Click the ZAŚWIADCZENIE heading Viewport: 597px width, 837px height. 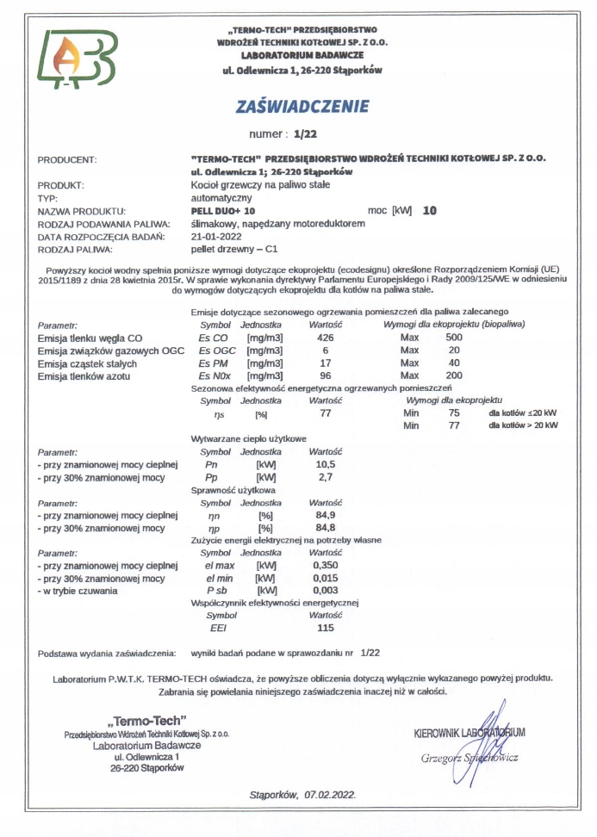click(x=302, y=107)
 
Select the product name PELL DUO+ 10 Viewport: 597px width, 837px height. click(x=222, y=210)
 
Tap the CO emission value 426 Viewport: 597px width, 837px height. click(x=326, y=338)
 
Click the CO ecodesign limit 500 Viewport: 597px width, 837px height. click(x=454, y=338)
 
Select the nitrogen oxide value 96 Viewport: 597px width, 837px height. click(x=326, y=376)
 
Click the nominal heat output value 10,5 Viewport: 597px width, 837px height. click(x=325, y=464)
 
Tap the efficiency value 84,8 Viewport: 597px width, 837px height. click(x=326, y=527)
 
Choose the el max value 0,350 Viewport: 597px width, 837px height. click(x=326, y=566)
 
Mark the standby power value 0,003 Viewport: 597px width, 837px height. click(x=326, y=591)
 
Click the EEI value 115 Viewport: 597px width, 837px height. click(x=326, y=628)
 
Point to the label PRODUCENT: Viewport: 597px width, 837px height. click(x=68, y=159)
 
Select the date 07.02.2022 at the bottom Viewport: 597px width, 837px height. click(x=330, y=795)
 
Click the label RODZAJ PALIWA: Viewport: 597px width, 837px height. click(x=76, y=249)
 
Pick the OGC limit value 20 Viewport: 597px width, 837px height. click(x=454, y=350)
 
